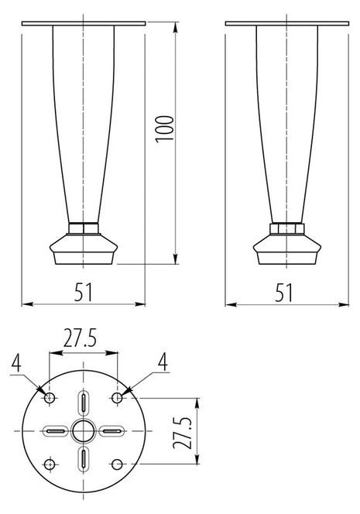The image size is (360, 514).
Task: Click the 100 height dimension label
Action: click(x=165, y=128)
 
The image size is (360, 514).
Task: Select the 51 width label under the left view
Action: click(x=84, y=292)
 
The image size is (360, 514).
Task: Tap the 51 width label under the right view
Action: click(x=284, y=293)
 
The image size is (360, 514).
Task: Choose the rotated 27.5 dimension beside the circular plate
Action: click(x=182, y=433)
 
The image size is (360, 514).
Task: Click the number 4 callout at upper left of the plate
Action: click(x=16, y=363)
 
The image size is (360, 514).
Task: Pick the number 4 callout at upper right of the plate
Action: click(x=163, y=362)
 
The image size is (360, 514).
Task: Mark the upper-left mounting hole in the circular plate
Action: click(x=50, y=398)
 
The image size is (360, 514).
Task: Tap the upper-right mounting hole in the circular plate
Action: click(x=117, y=398)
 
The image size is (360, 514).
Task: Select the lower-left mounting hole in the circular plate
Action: click(x=50, y=464)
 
